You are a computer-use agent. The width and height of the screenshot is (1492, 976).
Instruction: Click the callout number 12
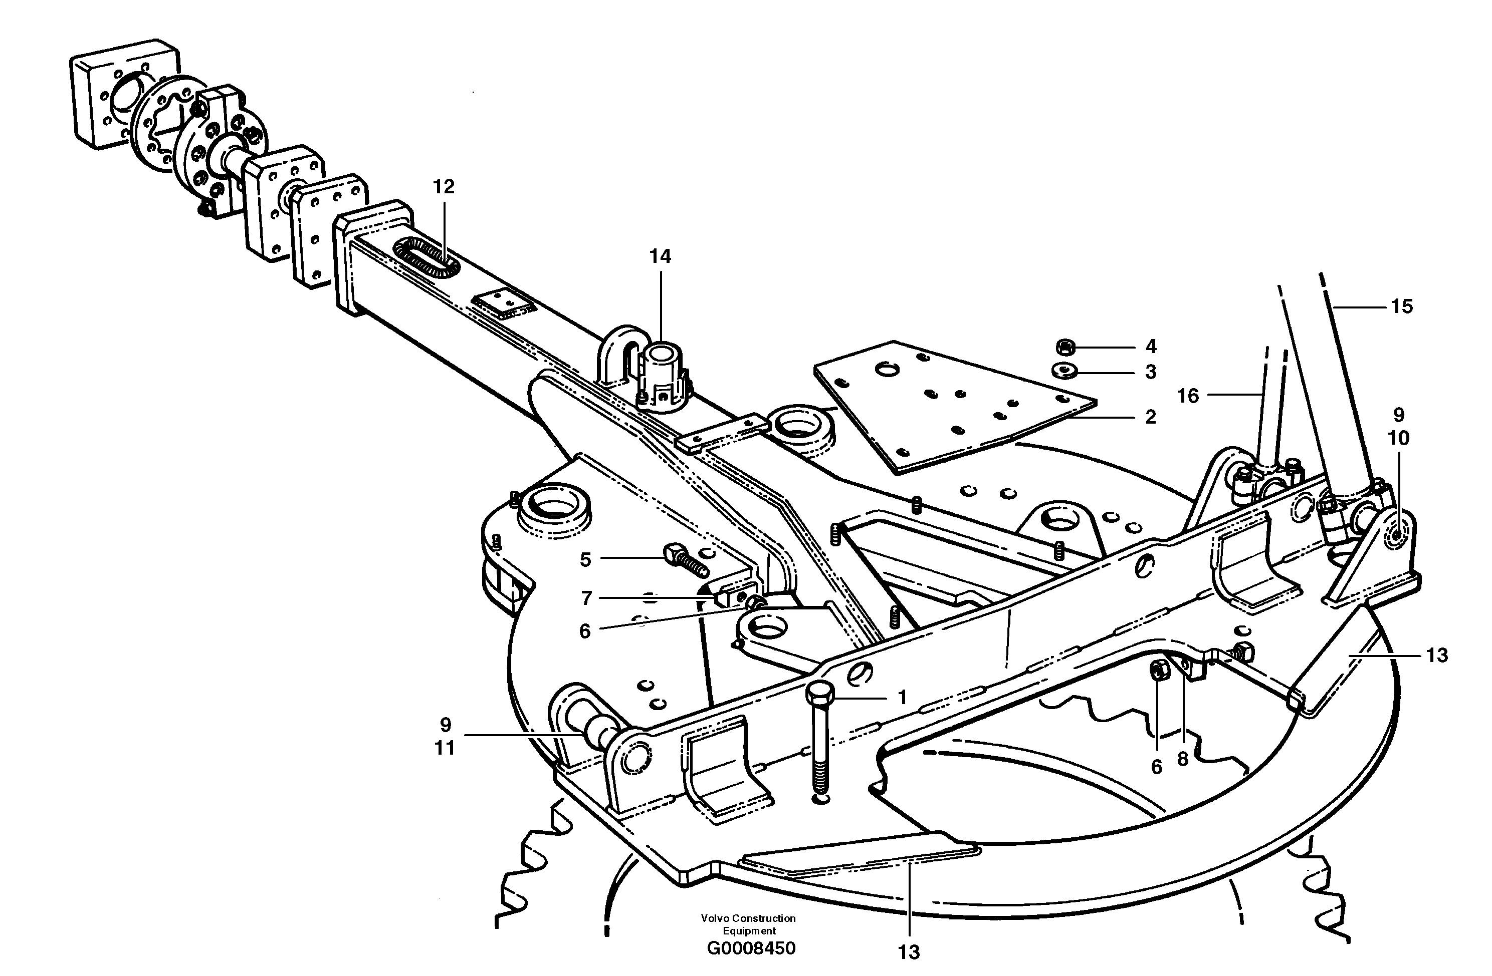tap(443, 187)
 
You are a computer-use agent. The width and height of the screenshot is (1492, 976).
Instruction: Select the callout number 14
tap(660, 256)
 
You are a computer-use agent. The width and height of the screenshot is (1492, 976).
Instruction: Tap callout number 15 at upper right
tap(1402, 306)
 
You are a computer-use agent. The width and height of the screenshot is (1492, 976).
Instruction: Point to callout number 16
tap(1187, 396)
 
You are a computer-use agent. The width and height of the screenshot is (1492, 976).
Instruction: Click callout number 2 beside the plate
tap(1150, 417)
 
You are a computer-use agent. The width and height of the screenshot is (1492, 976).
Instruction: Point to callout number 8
tap(1182, 759)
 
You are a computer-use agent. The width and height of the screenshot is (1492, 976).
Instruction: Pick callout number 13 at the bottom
tap(908, 952)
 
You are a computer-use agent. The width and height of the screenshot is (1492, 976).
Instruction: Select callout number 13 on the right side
tap(1437, 656)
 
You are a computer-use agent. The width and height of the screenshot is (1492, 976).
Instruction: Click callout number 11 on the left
tap(445, 748)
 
